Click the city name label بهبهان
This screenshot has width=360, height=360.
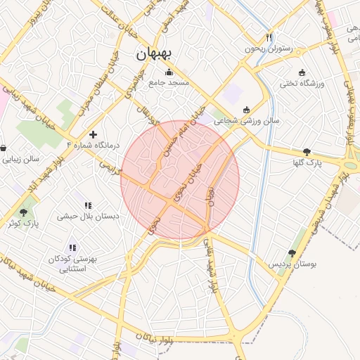(156, 53)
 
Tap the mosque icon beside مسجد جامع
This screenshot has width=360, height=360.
(169, 72)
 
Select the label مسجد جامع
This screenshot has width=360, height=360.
(169, 83)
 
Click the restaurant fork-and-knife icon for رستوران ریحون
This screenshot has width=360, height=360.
(269, 37)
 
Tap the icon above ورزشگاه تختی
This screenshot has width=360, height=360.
(302, 72)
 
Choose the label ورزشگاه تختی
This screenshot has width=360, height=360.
(302, 84)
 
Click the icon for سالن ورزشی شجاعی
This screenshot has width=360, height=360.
(246, 109)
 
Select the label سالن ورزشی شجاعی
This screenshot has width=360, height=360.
(247, 120)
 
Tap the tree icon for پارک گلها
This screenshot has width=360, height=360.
(307, 151)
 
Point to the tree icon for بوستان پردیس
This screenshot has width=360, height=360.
(292, 252)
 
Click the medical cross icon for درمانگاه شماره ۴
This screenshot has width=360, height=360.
(93, 134)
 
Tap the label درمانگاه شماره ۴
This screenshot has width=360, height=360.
(93, 145)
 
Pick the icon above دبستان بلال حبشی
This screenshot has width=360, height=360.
(88, 205)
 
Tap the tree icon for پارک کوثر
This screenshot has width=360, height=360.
(23, 212)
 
